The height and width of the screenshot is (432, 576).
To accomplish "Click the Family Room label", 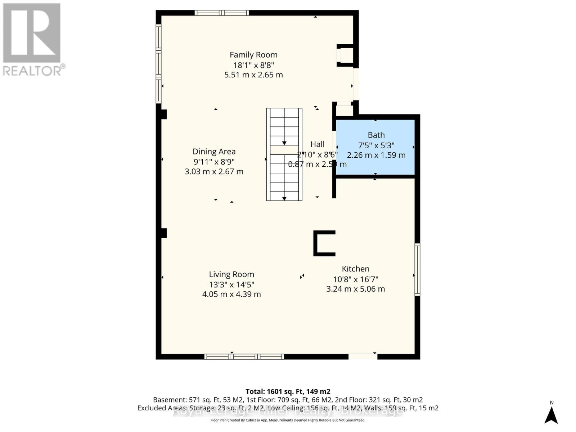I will [253, 55].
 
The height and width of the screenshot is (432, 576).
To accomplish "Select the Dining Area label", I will [214, 152].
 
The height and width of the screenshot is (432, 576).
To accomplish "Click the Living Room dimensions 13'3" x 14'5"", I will [231, 284].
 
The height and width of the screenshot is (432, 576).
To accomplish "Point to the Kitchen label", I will [355, 269].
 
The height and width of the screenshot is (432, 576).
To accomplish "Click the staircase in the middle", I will [284, 154].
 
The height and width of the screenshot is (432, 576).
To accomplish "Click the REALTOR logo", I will [32, 40].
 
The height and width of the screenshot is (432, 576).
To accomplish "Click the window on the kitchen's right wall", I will [417, 269].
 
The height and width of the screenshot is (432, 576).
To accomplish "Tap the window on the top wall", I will [222, 13].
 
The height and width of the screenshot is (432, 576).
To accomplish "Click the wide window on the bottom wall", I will [244, 356].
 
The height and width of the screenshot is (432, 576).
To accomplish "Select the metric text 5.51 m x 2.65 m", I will [253, 75].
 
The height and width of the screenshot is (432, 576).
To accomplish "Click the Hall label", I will [317, 144].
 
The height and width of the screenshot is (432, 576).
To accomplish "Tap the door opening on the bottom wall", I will [363, 356].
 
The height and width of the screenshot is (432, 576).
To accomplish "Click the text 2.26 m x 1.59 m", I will [376, 155].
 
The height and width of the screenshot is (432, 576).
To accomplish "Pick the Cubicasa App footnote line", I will [288, 420].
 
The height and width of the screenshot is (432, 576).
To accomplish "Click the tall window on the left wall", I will [158, 63].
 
